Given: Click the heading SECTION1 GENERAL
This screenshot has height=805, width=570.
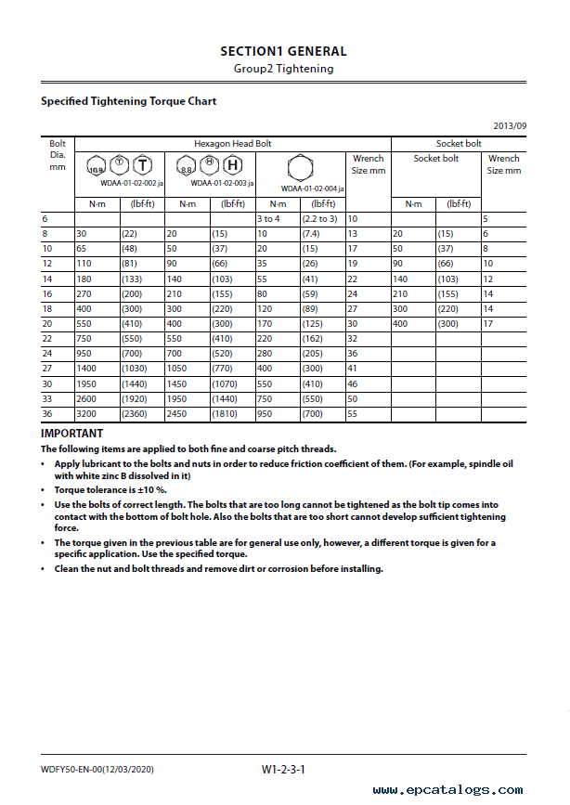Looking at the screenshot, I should [x=283, y=51].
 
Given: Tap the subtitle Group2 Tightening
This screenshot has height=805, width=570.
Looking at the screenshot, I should [x=283, y=68].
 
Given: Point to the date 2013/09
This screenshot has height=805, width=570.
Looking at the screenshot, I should [x=510, y=126].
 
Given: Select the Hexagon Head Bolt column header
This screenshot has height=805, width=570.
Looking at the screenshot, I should [x=232, y=144].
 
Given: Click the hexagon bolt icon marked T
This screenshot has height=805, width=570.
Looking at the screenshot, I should [x=142, y=166].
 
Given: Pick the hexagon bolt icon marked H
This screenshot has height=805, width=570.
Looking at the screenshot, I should [x=233, y=166].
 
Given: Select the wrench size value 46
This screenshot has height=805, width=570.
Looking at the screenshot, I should [x=353, y=383].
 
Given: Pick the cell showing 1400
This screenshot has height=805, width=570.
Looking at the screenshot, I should [x=88, y=369].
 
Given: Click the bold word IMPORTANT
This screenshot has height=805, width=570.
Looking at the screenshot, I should [x=72, y=434].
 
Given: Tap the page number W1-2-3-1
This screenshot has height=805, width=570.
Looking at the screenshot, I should [x=283, y=769].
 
